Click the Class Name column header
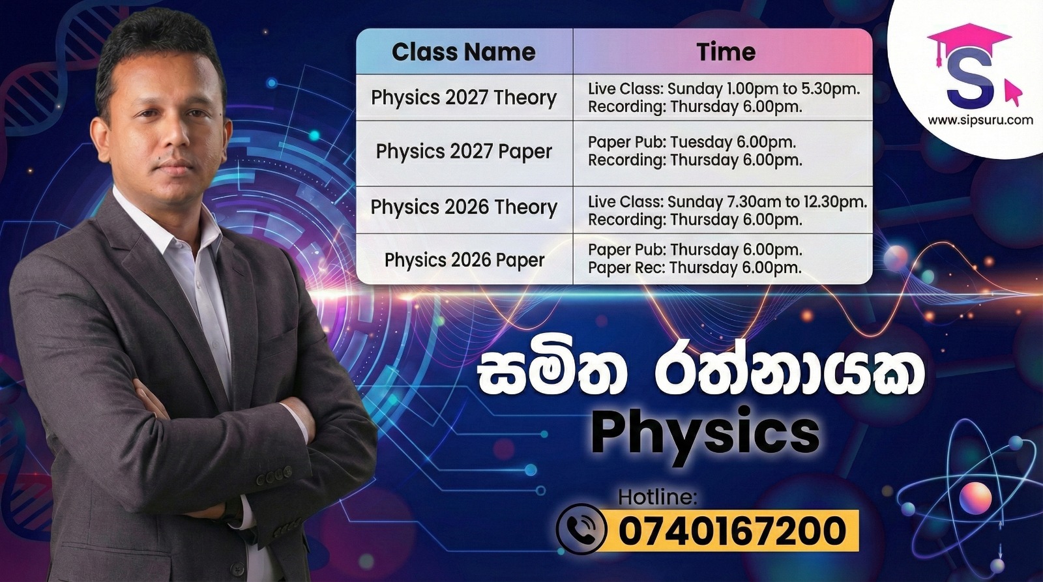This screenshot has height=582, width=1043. (x=463, y=51)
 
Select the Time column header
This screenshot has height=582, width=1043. (x=726, y=51)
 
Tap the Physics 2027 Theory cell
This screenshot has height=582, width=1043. (x=463, y=98)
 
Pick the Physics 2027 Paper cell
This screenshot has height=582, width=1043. (x=463, y=152)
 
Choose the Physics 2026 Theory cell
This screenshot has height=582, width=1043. (x=463, y=207)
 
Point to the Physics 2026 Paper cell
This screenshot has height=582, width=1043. (x=464, y=260)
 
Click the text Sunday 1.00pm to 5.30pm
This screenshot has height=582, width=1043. (x=764, y=89)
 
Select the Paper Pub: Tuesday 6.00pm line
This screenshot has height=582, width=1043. (x=692, y=142)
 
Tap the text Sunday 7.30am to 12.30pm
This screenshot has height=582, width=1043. (x=767, y=201)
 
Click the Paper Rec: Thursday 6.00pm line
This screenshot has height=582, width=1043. (x=695, y=268)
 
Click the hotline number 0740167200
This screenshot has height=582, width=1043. (x=732, y=531)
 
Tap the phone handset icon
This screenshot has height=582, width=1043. (x=581, y=529)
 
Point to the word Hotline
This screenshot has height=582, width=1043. (x=657, y=497)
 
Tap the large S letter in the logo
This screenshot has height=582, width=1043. (x=971, y=80)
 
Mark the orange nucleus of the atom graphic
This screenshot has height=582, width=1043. (x=975, y=498)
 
